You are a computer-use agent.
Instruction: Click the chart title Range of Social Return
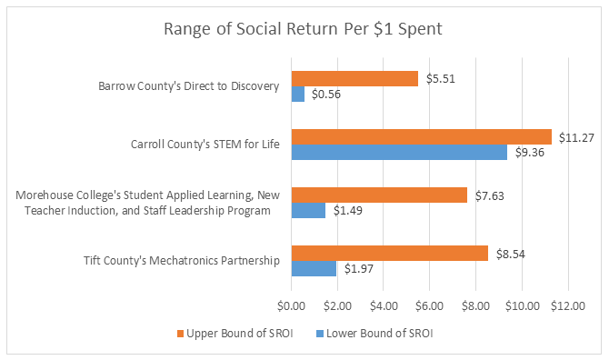(303, 28)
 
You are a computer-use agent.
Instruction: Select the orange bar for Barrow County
(354, 79)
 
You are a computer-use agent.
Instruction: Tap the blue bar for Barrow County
(297, 95)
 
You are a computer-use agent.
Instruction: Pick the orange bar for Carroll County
(421, 136)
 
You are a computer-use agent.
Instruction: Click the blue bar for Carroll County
(399, 153)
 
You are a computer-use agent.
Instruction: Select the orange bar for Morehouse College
(379, 195)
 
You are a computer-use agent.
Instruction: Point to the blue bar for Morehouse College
(308, 211)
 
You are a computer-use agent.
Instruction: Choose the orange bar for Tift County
(389, 253)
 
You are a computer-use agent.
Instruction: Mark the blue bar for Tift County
(314, 269)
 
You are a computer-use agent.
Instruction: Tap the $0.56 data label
(326, 95)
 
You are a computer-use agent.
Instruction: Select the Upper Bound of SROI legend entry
(235, 333)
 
